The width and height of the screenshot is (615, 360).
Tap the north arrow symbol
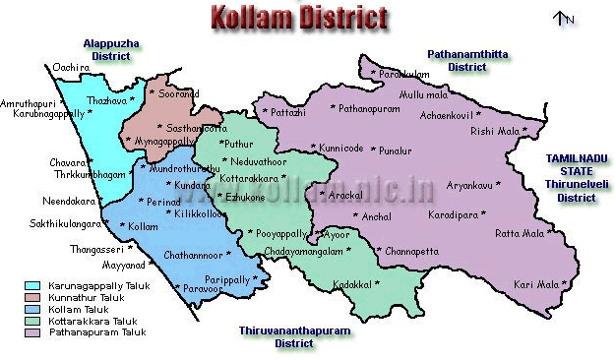pyautogui.click(x=562, y=18)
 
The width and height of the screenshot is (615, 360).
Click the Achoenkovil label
pyautogui.click(x=448, y=115)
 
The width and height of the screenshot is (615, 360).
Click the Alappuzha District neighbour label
pyautogui.click(x=112, y=50)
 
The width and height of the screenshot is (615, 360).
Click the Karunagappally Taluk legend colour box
pyautogui.click(x=32, y=285)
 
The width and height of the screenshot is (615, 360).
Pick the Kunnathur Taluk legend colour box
pyautogui.click(x=32, y=297)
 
